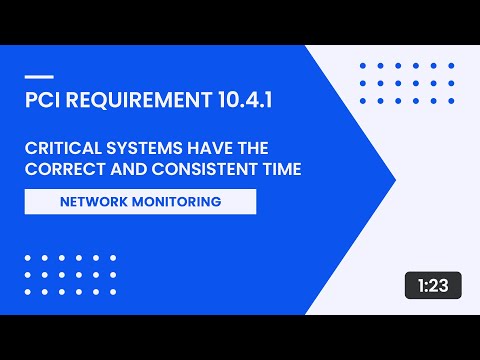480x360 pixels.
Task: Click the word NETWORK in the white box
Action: coord(96,201)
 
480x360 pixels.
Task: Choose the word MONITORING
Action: coord(177,201)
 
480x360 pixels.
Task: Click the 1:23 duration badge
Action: coord(433,285)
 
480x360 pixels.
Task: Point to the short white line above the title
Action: coord(37,77)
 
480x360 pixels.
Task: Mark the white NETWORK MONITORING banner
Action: coord(140,201)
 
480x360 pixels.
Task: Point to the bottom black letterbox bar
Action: coord(240,337)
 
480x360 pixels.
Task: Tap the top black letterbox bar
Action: coord(240,22)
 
